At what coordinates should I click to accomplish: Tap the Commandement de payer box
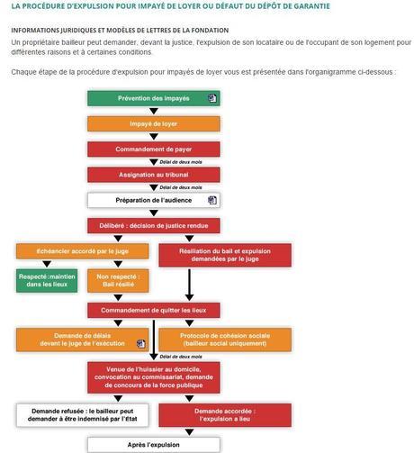[x=153, y=149]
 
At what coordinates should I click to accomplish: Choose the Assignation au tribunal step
[x=153, y=175]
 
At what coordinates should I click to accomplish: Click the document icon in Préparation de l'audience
[x=212, y=200]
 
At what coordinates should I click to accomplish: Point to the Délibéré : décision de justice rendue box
[x=153, y=226]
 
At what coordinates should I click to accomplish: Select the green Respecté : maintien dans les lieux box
[x=46, y=281]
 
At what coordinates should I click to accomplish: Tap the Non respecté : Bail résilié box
[x=117, y=281]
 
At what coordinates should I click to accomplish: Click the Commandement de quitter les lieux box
[x=153, y=311]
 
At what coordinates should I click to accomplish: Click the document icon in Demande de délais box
[x=140, y=343]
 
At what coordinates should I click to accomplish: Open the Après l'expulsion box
[x=153, y=444]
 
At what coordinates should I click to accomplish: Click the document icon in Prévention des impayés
[x=212, y=98]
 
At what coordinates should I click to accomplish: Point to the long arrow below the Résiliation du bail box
[x=189, y=284]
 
